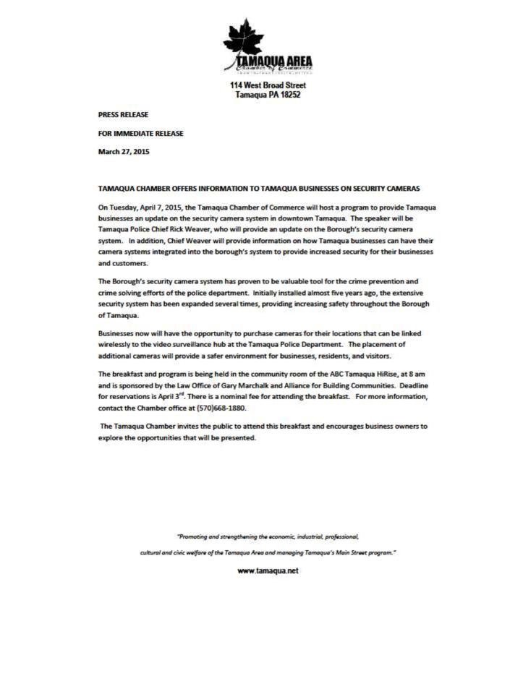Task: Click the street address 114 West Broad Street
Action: click(x=263, y=85)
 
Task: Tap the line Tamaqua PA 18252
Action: click(x=263, y=95)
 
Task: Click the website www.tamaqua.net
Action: click(x=268, y=571)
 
